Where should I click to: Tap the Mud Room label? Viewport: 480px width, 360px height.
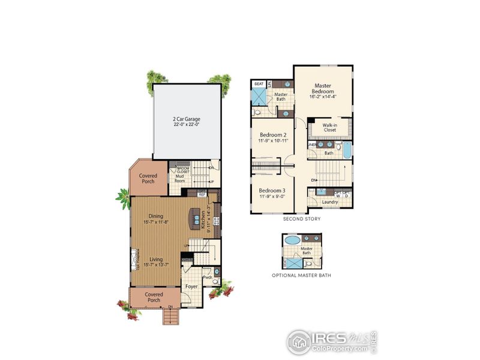(179, 178)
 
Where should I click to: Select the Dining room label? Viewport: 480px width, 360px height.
(155, 216)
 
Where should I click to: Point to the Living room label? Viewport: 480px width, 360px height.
(155, 259)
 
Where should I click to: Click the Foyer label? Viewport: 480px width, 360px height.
(191, 286)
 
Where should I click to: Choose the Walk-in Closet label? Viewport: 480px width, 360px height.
(330, 127)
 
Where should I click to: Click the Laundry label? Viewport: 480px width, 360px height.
(330, 202)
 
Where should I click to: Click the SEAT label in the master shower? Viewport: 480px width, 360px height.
(259, 84)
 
